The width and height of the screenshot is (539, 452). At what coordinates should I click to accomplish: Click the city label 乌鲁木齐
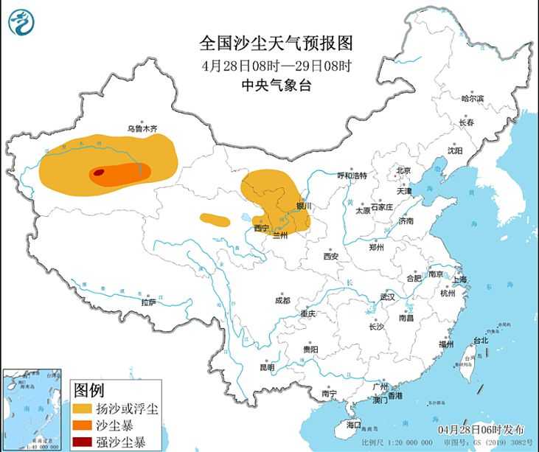142,128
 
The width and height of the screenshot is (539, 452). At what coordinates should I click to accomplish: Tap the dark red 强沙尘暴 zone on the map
98,174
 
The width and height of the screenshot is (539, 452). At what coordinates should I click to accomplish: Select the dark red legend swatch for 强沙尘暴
83,443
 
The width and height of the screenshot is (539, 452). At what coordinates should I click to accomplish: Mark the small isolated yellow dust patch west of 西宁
215,219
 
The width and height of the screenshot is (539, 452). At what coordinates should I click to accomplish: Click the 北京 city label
403,170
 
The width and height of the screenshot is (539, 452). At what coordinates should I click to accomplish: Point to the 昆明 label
266,367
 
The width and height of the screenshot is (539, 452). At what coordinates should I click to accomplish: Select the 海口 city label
354,425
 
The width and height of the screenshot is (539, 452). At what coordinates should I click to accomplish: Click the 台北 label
480,341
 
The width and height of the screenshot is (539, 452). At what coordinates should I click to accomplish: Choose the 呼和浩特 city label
352,175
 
